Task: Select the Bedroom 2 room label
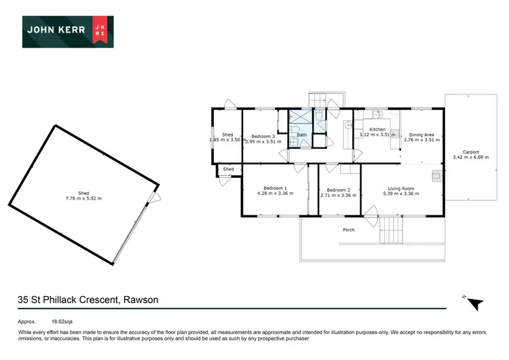click(x=338, y=190)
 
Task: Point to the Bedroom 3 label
click(x=263, y=135)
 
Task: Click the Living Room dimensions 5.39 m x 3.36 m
click(x=400, y=195)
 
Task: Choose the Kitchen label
click(x=377, y=129)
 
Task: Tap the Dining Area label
click(x=421, y=134)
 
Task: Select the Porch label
click(x=349, y=230)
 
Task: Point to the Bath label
click(x=302, y=135)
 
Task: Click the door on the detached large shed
click(x=155, y=198)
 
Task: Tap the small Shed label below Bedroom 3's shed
click(x=229, y=169)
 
